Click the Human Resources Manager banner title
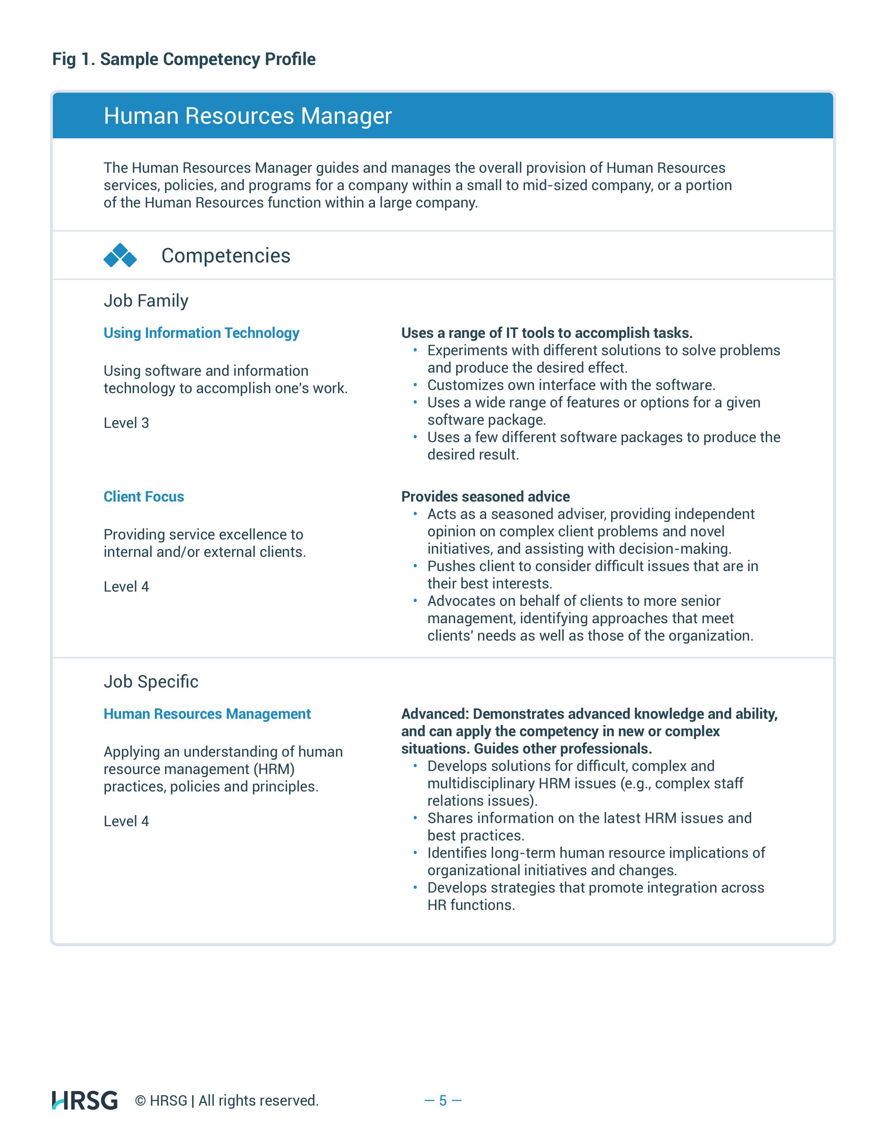coord(247,116)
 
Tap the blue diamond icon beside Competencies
coord(120,256)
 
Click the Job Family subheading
coord(146,301)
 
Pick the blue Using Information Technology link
coord(201,333)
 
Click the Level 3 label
coord(126,423)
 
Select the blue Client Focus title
coord(144,497)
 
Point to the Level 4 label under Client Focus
coord(126,587)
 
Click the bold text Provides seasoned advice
coord(485,497)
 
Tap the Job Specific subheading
coord(151,682)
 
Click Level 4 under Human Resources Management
coord(126,821)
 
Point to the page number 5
coord(442,1100)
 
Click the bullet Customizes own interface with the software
coord(571,385)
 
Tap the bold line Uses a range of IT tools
coord(547,333)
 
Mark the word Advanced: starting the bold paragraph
coord(435,714)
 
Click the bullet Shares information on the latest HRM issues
coord(589,818)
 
